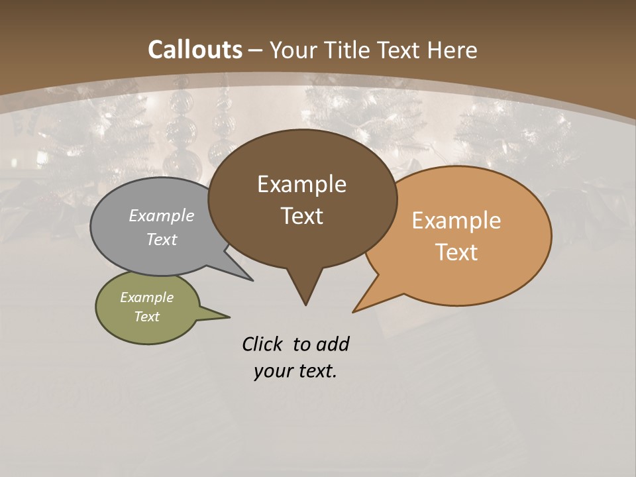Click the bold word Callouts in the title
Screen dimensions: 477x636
click(x=195, y=50)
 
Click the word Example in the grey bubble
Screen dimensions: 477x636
click(x=162, y=215)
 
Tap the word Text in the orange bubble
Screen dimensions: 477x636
click(x=457, y=252)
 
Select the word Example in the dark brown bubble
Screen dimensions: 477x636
click(x=302, y=184)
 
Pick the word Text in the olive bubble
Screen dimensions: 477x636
click(x=147, y=317)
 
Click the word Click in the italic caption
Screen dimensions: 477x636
click(x=263, y=344)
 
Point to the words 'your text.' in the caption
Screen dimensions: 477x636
click(x=295, y=371)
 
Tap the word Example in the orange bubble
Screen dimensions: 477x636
click(x=456, y=220)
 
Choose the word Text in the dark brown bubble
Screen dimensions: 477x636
click(x=302, y=215)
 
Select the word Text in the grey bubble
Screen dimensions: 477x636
click(x=162, y=239)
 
